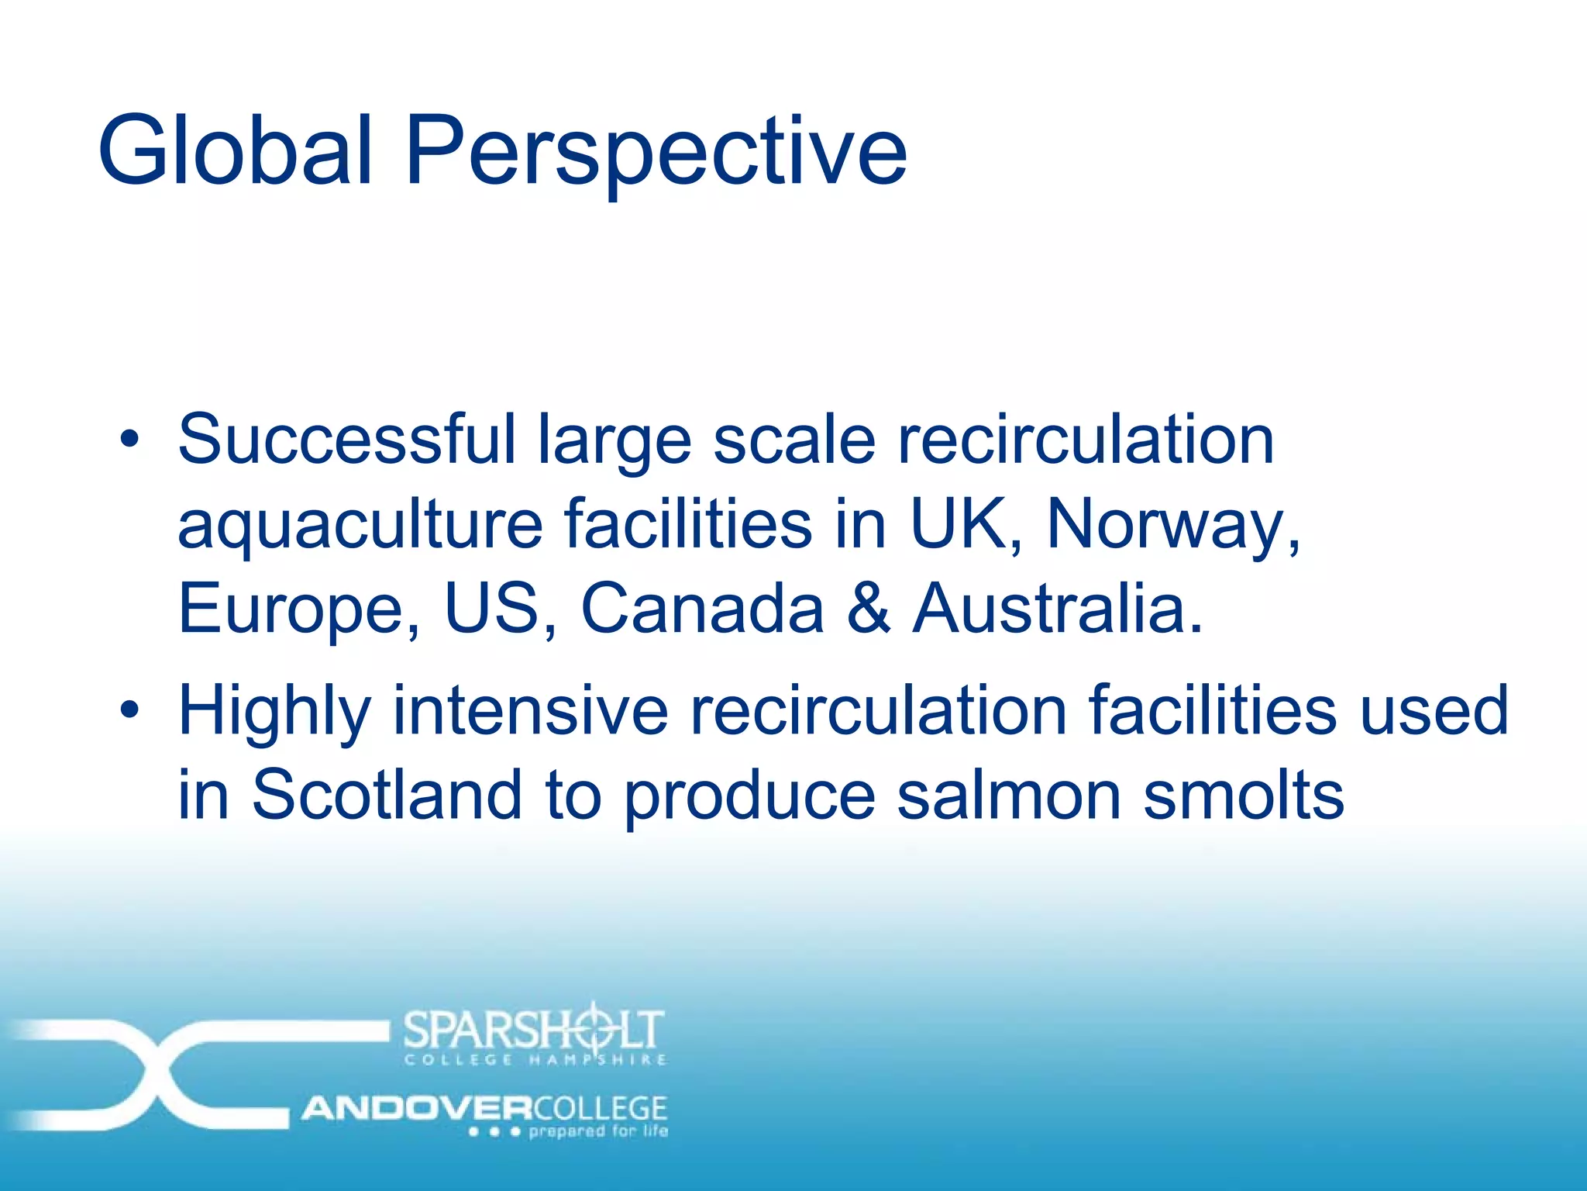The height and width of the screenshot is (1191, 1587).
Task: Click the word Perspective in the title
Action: pyautogui.click(x=656, y=151)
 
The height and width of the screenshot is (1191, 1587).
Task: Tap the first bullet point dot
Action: pyautogui.click(x=130, y=440)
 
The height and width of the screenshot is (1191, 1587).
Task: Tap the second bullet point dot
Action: pyautogui.click(x=130, y=709)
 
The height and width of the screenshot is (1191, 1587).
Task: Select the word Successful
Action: pyautogui.click(x=346, y=439)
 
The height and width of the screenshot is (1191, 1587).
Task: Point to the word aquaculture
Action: pyautogui.click(x=360, y=526)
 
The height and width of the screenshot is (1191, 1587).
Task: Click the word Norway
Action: pyautogui.click(x=1172, y=524)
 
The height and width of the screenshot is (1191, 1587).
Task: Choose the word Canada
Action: pyautogui.click(x=702, y=608)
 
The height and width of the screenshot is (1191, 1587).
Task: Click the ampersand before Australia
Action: pyautogui.click(x=868, y=608)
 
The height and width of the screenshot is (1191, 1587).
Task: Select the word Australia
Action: pyautogui.click(x=1057, y=608)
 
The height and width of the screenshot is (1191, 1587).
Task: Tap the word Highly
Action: pyautogui.click(x=275, y=712)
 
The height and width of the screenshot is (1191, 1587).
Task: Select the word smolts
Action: pyautogui.click(x=1244, y=796)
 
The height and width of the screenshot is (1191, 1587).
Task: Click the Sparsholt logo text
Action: pyautogui.click(x=534, y=1030)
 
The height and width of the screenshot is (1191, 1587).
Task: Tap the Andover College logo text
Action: pyautogui.click(x=485, y=1108)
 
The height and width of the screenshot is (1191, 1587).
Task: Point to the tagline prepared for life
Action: pyautogui.click(x=597, y=1131)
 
